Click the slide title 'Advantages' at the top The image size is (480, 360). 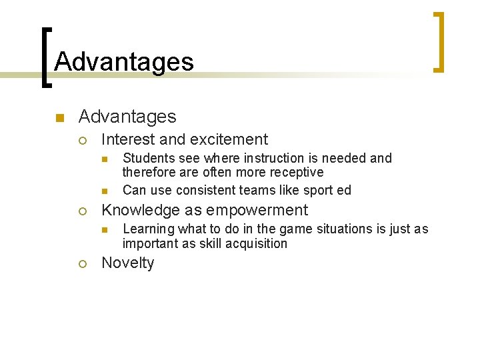[124, 61]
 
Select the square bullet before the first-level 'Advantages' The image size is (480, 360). [59, 118]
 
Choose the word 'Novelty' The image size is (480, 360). [127, 263]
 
